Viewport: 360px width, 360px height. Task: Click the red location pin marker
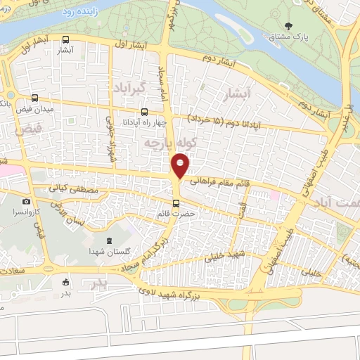[180, 167]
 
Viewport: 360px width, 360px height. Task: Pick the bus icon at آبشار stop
[65, 40]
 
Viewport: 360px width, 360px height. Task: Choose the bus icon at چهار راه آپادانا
[144, 111]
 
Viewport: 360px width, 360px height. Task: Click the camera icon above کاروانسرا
[27, 201]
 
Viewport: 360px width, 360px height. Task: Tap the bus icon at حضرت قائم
[176, 204]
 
